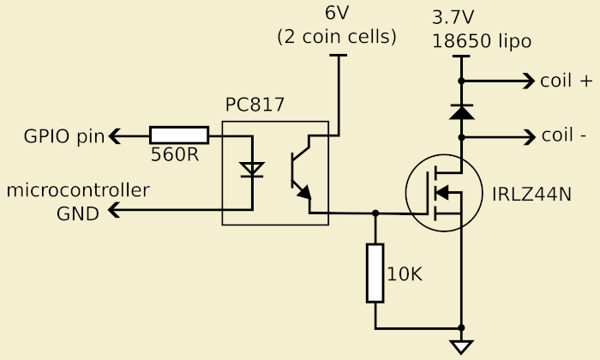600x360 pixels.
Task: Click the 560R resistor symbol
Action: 179,135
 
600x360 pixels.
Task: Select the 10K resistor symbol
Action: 375,273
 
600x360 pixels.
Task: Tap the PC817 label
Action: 255,105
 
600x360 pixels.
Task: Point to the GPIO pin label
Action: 63,135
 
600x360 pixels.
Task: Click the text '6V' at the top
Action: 336,15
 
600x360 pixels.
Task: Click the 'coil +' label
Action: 566,81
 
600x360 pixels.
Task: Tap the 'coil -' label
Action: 564,135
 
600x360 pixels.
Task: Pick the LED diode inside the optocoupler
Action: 251,169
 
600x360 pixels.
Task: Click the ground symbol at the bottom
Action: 462,346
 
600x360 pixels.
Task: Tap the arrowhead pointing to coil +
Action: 525,81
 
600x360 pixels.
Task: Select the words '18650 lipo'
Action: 481,40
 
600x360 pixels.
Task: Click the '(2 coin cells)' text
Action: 336,38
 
